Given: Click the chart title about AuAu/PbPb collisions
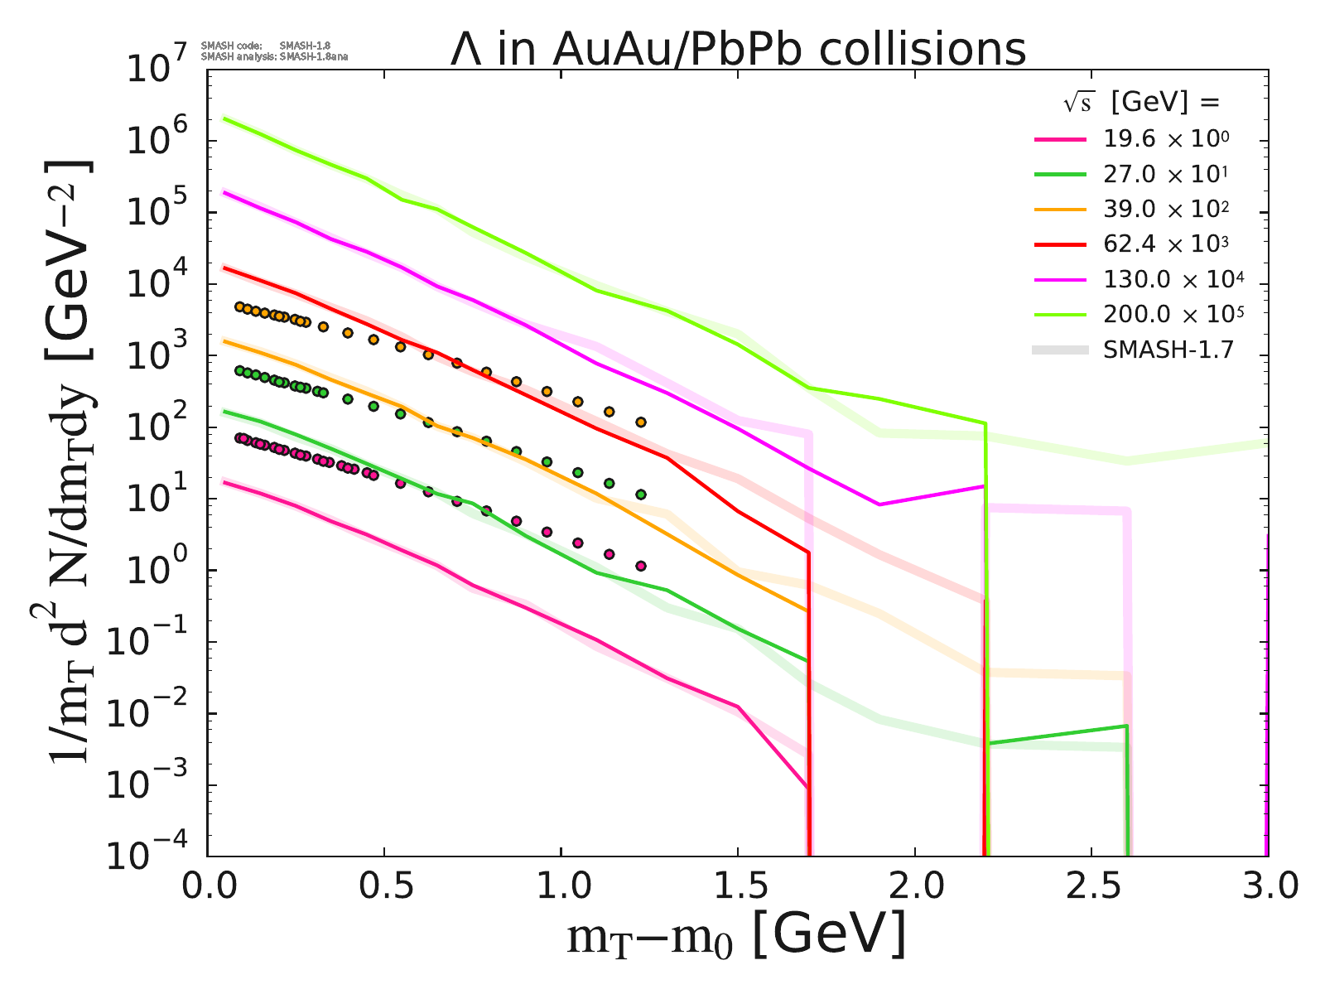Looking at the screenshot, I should click(737, 49).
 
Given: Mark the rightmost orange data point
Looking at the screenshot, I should click(640, 422).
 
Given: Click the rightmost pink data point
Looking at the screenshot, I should click(640, 566).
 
